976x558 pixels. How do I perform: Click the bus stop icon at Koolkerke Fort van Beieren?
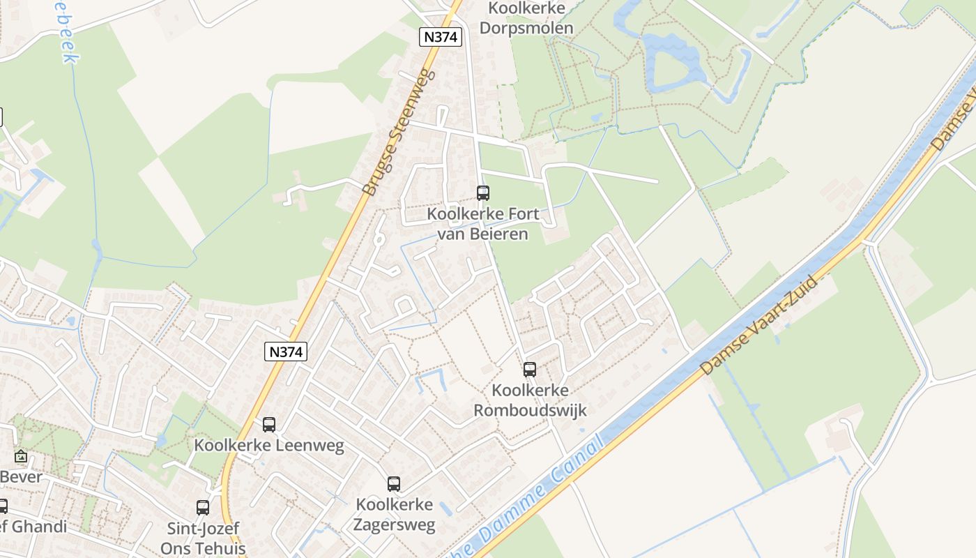(482, 193)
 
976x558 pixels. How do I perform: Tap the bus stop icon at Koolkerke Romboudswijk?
(530, 370)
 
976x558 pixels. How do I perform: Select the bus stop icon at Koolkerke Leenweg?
(269, 424)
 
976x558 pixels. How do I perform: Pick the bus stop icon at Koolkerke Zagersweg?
(394, 483)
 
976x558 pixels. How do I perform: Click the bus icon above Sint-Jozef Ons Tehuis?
(203, 507)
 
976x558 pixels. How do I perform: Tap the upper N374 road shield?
(441, 37)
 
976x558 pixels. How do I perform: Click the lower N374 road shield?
(286, 352)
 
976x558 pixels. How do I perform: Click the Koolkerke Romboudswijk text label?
(530, 400)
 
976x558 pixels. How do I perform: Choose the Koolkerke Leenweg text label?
(269, 445)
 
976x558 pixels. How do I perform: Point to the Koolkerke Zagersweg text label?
(395, 514)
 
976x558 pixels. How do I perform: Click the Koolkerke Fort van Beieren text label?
(478, 223)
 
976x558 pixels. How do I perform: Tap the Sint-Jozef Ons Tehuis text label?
(203, 537)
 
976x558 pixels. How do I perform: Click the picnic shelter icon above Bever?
(21, 457)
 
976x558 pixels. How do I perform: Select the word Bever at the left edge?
(21, 478)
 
